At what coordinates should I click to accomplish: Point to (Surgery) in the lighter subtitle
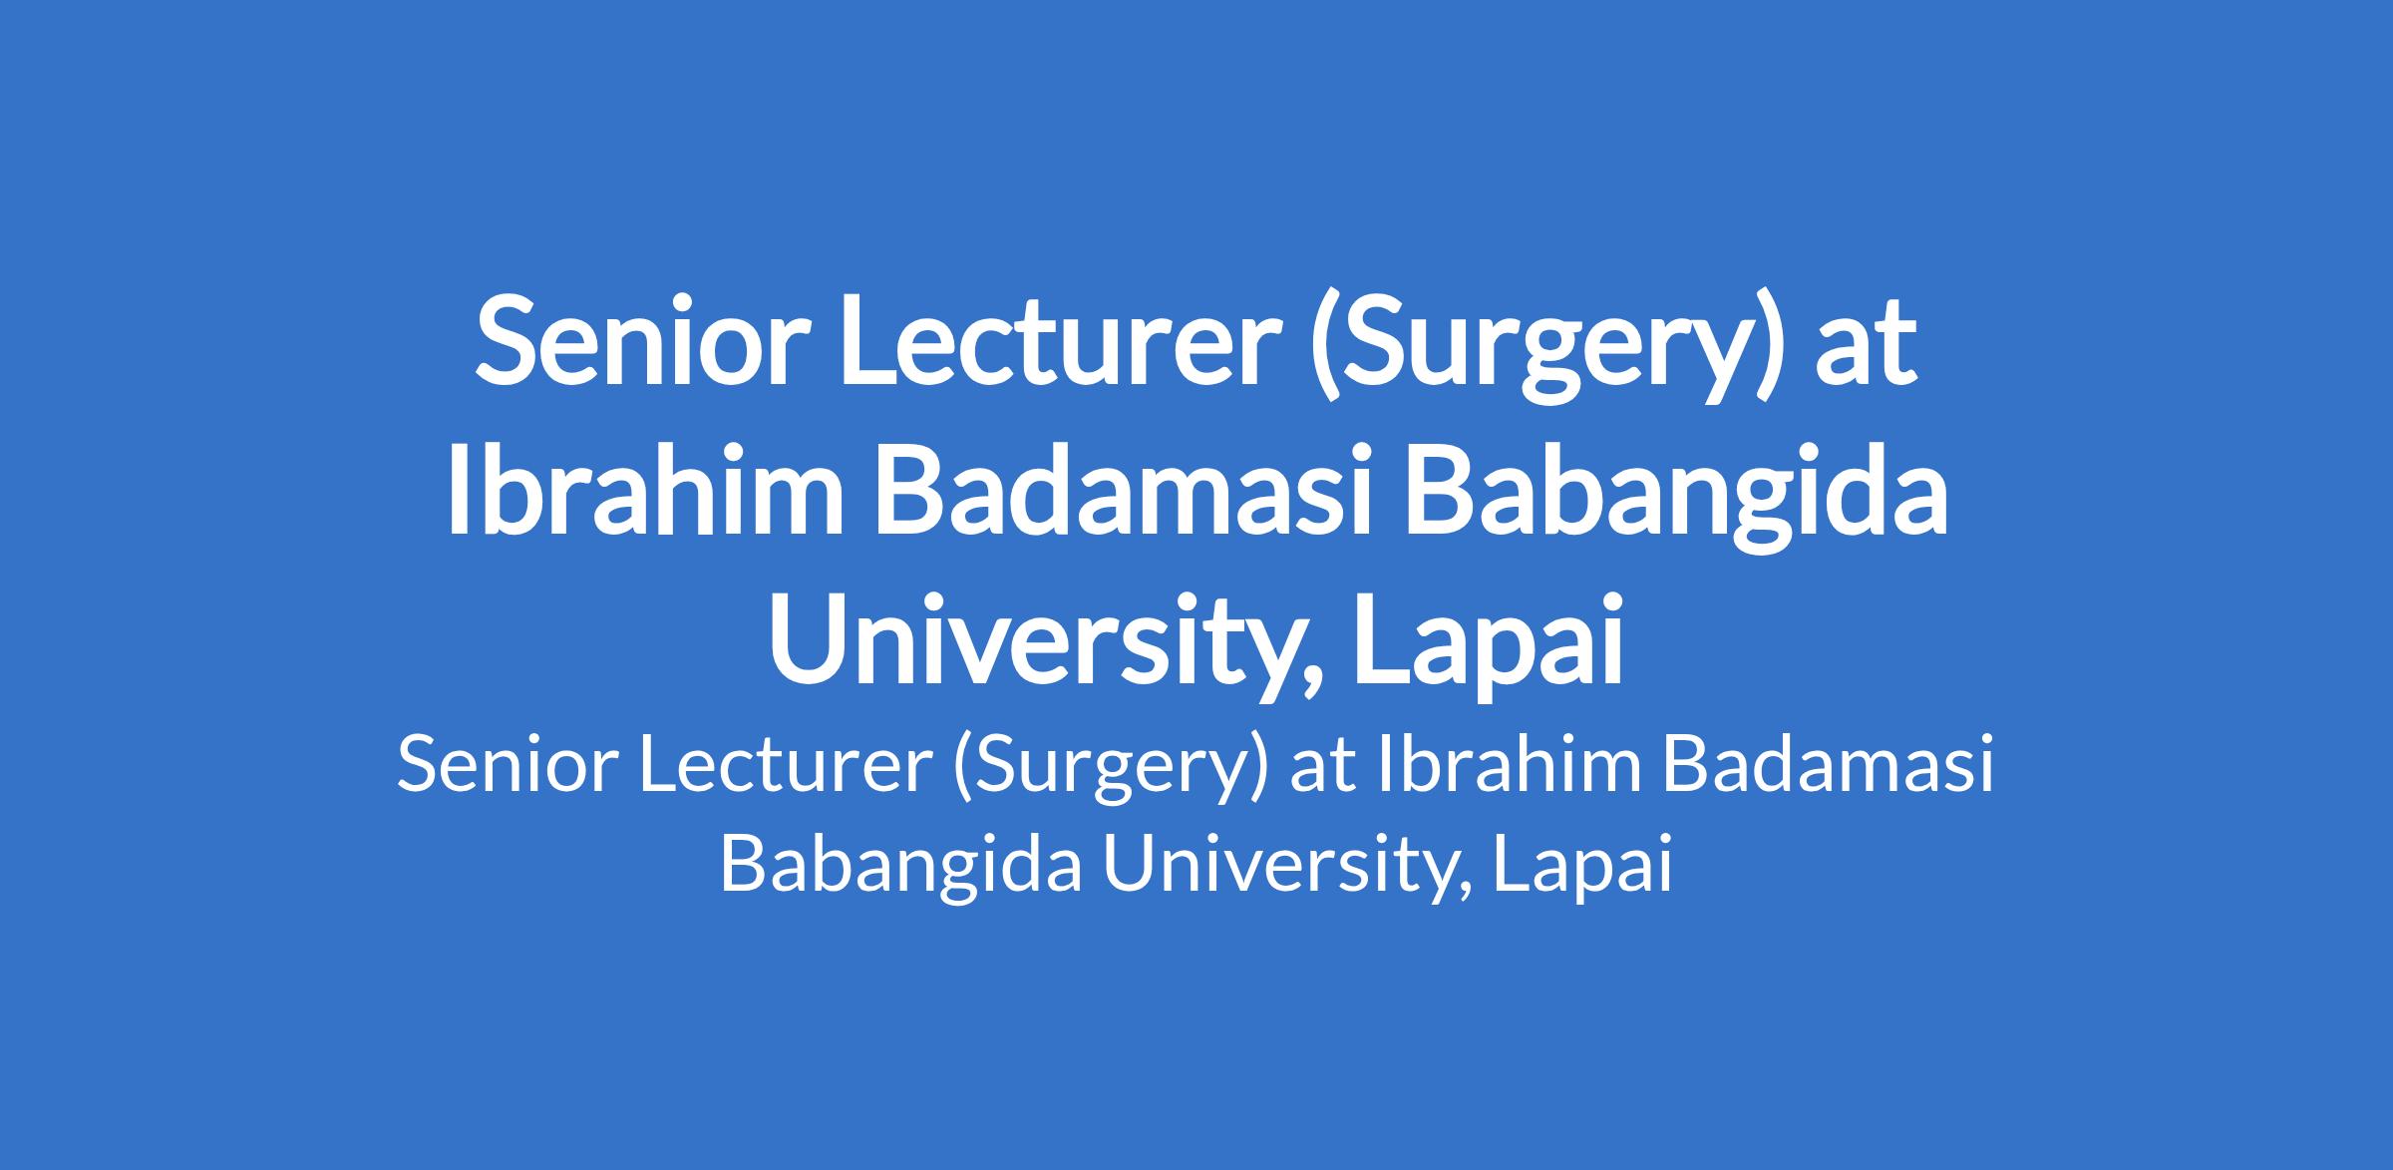tap(1110, 772)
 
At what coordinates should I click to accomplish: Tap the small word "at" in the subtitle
tap(1323, 770)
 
